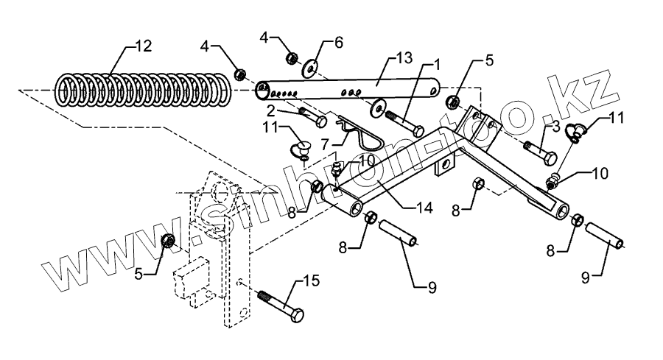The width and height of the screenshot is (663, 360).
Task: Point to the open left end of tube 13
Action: click(x=262, y=93)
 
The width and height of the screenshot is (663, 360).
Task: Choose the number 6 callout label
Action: click(x=338, y=43)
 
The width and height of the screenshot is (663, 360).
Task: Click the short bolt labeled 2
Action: click(x=312, y=118)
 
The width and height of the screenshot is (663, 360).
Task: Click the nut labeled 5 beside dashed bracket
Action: click(x=167, y=240)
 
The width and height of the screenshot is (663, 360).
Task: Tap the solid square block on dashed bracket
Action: click(x=189, y=280)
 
